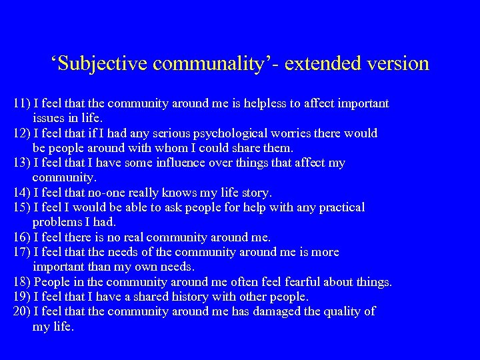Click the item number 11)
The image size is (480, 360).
(21, 104)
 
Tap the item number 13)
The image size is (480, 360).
(21, 163)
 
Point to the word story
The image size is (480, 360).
(253, 193)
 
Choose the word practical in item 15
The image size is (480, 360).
(335, 208)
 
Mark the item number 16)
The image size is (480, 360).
(21, 237)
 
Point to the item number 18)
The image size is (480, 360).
(21, 282)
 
